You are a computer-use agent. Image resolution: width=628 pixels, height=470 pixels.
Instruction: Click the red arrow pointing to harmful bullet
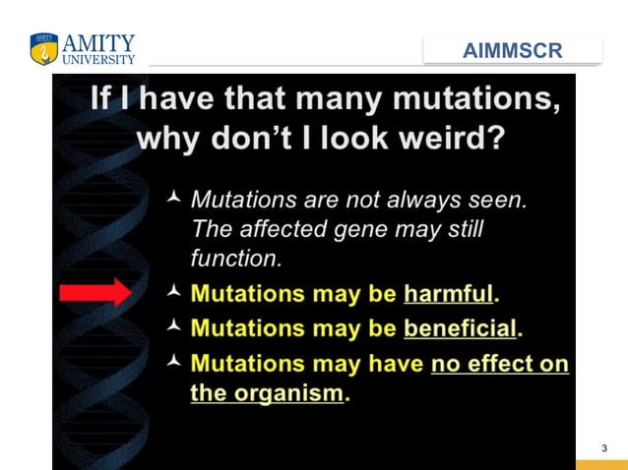pos(94,293)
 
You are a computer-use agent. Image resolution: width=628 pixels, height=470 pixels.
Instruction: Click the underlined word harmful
pos(448,294)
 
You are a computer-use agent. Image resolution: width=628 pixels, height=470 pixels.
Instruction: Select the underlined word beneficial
pos(460,327)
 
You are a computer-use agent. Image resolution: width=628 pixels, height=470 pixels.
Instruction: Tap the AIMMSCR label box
pos(512,50)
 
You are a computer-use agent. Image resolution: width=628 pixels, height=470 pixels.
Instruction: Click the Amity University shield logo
pos(44,49)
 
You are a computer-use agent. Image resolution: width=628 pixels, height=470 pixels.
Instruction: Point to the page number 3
pos(604,449)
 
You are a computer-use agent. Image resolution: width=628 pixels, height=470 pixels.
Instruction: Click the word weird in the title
pos(445,137)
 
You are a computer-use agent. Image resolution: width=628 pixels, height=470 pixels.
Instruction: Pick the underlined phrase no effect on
pos(500,364)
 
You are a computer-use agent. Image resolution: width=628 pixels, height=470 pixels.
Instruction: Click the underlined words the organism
pos(267,393)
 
